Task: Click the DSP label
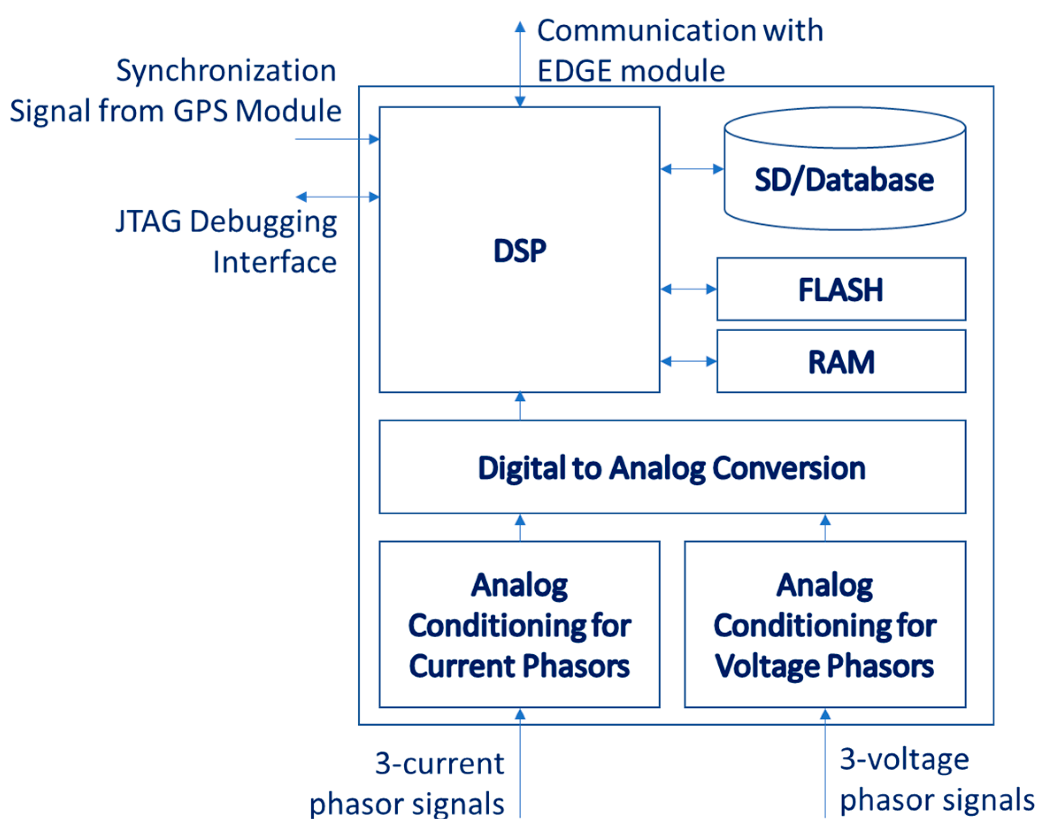[x=520, y=251]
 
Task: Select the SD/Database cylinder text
[x=844, y=180]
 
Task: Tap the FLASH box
[x=841, y=290]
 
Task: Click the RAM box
[x=841, y=362]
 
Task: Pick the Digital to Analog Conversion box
[x=672, y=467]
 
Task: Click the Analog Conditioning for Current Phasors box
[x=520, y=625]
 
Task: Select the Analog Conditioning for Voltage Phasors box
[x=825, y=625]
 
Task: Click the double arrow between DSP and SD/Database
[x=692, y=169]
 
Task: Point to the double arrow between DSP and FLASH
[x=688, y=289]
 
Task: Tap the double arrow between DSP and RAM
[x=688, y=361]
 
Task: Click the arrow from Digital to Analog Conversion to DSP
[x=520, y=406]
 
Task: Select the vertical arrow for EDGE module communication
[x=520, y=63]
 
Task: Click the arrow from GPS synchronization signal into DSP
[x=336, y=139]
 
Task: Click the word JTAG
[x=148, y=222]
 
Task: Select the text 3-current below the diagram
[x=439, y=763]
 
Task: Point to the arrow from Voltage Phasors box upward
[x=825, y=528]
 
